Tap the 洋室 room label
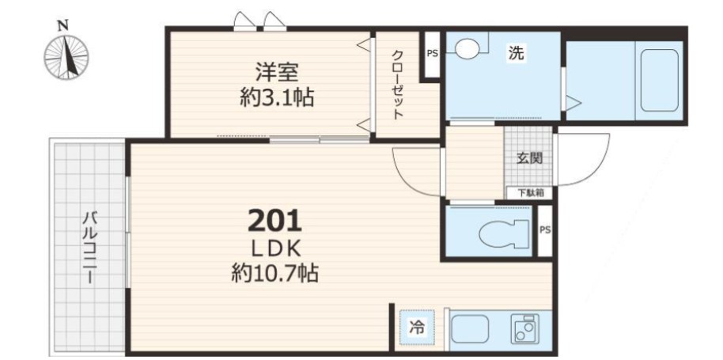pyautogui.click(x=276, y=72)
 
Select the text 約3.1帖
pyautogui.click(x=276, y=97)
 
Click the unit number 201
pyautogui.click(x=275, y=218)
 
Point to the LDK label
pyautogui.click(x=275, y=246)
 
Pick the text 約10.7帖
pyautogui.click(x=275, y=274)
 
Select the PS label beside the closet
pyautogui.click(x=431, y=55)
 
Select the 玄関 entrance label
pyautogui.click(x=529, y=157)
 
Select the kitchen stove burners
pyautogui.click(x=524, y=328)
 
